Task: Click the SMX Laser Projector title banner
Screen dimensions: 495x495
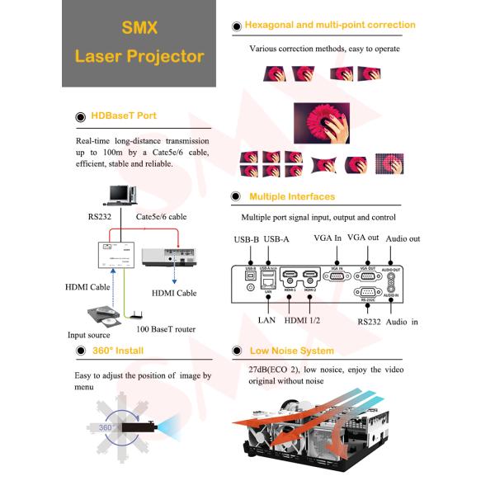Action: (x=139, y=43)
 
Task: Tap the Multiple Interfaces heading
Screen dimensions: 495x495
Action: (x=292, y=196)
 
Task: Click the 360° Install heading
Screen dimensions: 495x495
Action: (x=116, y=351)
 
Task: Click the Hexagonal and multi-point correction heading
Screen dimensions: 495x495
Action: (x=330, y=25)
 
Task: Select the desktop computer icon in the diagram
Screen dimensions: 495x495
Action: (x=120, y=194)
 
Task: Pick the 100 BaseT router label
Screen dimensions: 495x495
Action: (x=166, y=329)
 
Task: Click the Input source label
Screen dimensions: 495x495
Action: (x=89, y=335)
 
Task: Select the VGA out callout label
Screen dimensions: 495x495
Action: (x=363, y=238)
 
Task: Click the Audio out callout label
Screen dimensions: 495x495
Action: (x=403, y=239)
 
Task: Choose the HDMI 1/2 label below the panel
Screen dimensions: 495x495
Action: (x=304, y=319)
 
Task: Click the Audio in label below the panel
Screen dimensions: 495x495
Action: (x=402, y=321)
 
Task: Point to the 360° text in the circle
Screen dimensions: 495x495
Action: (x=106, y=427)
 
